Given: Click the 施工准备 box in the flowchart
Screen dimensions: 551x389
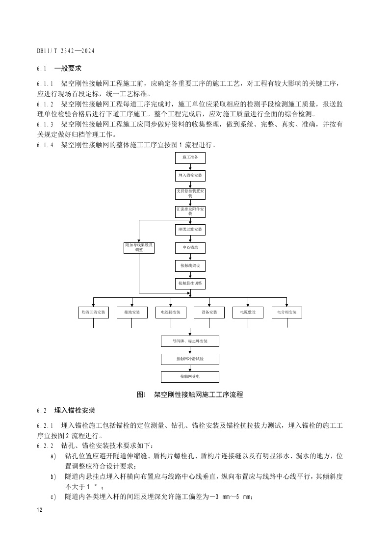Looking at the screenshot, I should click(190, 157).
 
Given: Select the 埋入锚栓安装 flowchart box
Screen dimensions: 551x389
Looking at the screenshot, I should click(190, 175).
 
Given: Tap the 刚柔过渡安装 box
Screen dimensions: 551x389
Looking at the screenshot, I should click(190, 229).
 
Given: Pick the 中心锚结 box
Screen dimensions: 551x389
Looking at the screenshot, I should click(190, 248).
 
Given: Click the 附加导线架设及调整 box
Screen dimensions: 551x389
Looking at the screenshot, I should click(139, 248).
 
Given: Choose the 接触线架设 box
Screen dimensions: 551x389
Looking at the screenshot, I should click(190, 266).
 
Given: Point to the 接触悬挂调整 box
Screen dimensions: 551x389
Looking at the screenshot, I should click(190, 284).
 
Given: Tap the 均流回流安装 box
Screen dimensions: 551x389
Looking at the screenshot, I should click(94, 313).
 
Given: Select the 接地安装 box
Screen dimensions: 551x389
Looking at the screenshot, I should click(132, 313).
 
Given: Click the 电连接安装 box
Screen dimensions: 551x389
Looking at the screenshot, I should click(171, 313).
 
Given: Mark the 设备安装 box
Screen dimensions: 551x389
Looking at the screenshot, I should click(209, 313).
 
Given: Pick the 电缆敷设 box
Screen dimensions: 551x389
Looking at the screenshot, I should click(248, 313).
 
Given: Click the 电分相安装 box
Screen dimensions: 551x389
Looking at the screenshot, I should click(286, 313).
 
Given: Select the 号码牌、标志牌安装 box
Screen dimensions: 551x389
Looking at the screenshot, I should click(190, 341).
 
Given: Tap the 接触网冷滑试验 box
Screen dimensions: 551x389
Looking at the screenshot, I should click(190, 359).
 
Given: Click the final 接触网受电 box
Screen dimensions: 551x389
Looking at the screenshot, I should click(190, 377).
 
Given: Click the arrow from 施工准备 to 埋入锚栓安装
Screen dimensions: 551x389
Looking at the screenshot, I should click(190, 166).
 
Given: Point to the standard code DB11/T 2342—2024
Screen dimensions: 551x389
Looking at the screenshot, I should click(66, 51).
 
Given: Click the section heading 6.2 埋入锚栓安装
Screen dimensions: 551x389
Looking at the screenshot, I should click(66, 410).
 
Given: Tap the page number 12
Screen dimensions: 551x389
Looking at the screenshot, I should click(40, 510).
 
